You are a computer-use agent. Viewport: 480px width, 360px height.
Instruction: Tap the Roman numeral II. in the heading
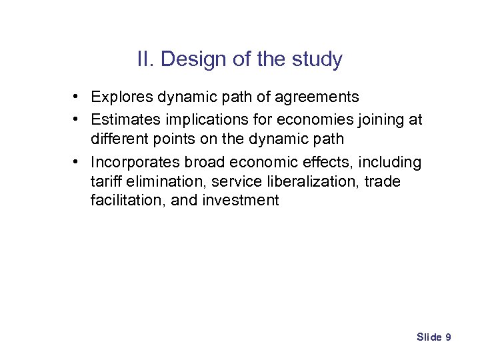pyautogui.click(x=145, y=59)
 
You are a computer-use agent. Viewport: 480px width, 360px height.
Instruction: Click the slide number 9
pyautogui.click(x=448, y=337)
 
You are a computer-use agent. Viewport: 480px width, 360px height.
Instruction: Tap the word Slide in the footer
pyautogui.click(x=429, y=337)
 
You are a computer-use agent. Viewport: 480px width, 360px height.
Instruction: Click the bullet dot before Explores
pyautogui.click(x=78, y=97)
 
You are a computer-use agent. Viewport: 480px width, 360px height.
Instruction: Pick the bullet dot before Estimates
pyautogui.click(x=78, y=119)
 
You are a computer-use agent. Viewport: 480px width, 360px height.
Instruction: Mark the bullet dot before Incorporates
pyautogui.click(x=78, y=163)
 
